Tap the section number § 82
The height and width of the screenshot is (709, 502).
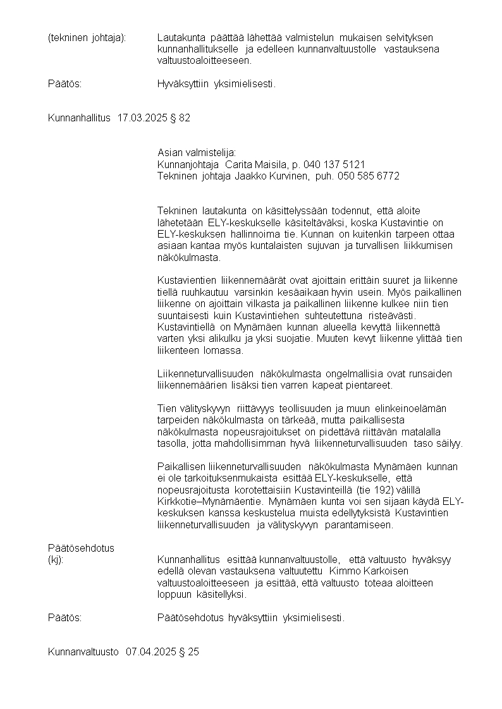(x=180, y=118)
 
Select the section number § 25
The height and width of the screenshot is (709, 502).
(x=189, y=651)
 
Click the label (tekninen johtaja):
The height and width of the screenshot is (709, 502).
(x=87, y=38)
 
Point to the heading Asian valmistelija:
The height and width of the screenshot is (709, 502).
(x=196, y=152)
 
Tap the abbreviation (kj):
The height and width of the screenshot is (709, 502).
(x=56, y=559)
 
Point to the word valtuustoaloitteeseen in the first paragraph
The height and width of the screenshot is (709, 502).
(x=204, y=61)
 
